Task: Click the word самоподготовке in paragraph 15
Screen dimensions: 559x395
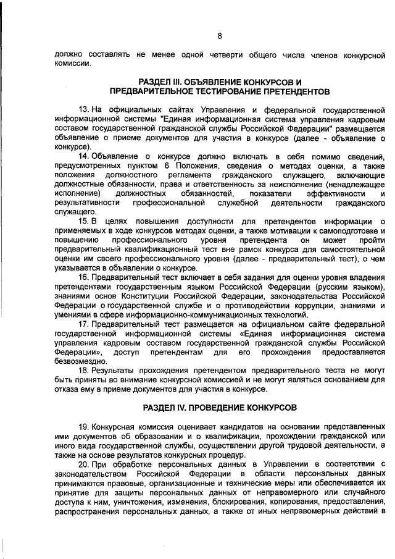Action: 335,230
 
